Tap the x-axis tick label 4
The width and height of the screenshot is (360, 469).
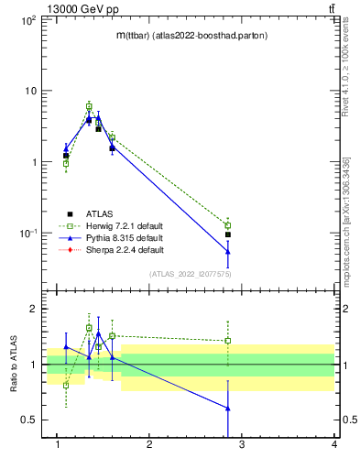coord(334,445)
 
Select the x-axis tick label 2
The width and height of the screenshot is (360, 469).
coord(149,445)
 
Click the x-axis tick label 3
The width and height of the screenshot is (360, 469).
coord(242,445)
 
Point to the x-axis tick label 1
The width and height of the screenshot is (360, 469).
coord(57,445)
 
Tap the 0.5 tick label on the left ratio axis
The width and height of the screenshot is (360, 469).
coord(27,420)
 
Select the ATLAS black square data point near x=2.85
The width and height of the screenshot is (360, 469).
coord(228,234)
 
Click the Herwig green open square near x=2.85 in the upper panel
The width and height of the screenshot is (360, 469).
coord(228,225)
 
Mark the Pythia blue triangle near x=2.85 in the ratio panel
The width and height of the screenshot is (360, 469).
coord(228,409)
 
